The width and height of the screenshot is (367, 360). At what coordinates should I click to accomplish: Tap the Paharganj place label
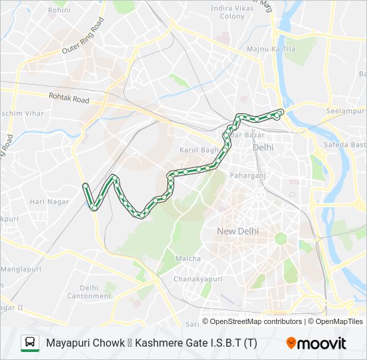point(248,175)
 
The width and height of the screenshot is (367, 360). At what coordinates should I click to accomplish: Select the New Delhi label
point(238,231)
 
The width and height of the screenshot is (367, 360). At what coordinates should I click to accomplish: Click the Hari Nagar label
point(45,201)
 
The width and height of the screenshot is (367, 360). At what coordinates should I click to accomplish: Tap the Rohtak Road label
point(69,99)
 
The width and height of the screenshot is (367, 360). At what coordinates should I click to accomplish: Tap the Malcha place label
point(188,258)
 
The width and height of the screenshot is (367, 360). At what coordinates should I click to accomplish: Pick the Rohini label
point(59,11)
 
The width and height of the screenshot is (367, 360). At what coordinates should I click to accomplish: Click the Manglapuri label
point(21,269)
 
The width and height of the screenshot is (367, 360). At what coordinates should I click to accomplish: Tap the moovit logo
point(316,343)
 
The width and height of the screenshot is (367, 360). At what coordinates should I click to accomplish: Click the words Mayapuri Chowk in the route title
point(85,343)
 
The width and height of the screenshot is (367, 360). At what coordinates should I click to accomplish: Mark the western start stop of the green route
point(85,185)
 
